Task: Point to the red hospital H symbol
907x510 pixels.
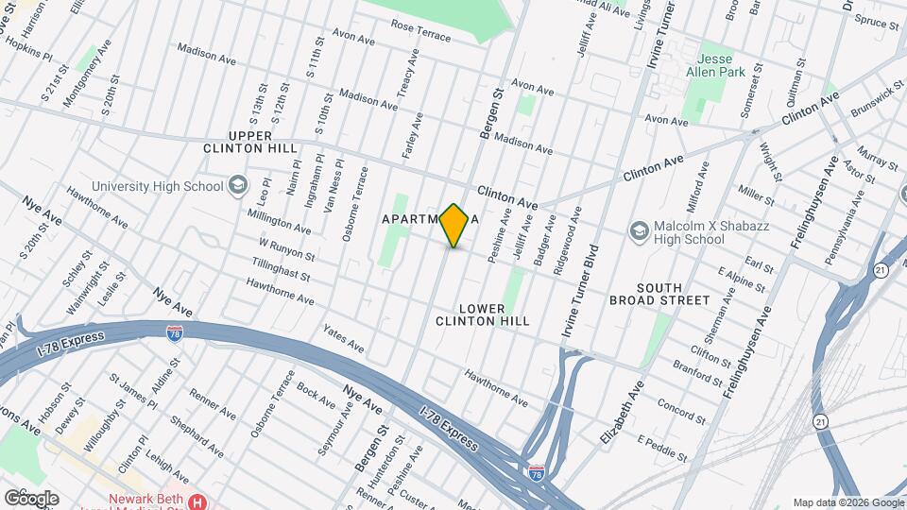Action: (x=197, y=501)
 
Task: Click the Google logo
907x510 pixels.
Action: (x=31, y=498)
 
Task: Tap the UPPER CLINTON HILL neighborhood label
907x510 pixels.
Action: (x=249, y=143)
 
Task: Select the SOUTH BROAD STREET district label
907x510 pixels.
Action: (x=672, y=294)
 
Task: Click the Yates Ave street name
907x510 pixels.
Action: (x=343, y=340)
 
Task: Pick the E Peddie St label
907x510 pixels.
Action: (x=662, y=448)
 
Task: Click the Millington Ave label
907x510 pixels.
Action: (x=279, y=222)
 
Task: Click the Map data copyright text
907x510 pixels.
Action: (x=847, y=501)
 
